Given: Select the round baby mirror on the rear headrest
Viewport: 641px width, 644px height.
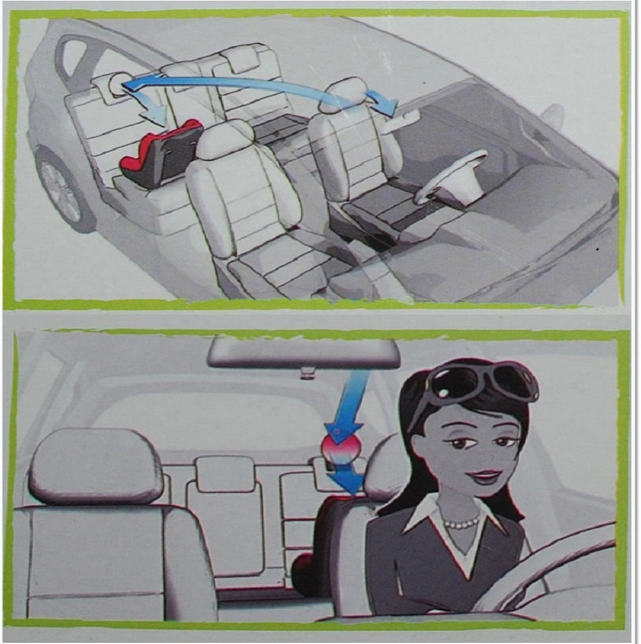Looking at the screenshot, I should coord(117,83).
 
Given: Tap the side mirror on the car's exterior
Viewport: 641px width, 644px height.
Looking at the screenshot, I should coord(551,115).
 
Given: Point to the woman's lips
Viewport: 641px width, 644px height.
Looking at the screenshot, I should coord(486,477).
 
